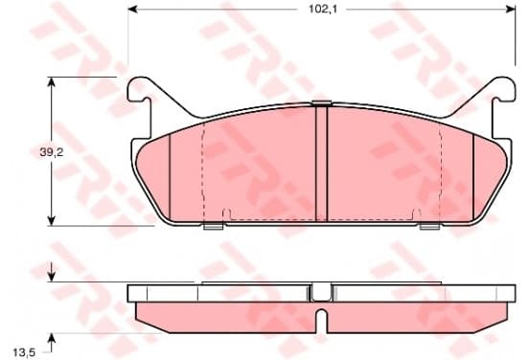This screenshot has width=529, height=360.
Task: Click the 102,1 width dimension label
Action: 323,10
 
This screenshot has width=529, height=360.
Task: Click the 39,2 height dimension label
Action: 52,152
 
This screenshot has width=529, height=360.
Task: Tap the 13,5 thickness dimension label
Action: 24,352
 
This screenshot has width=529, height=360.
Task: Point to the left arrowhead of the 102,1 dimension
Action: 132,10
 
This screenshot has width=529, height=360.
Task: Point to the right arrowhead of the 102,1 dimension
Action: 511,10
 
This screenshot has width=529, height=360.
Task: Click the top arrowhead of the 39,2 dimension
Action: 51,81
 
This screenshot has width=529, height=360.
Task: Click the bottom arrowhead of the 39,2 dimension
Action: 51,221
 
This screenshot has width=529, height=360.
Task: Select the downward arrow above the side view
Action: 51,272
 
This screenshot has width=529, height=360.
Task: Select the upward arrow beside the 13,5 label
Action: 51,343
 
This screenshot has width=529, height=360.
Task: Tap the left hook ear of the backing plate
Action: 139,89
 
